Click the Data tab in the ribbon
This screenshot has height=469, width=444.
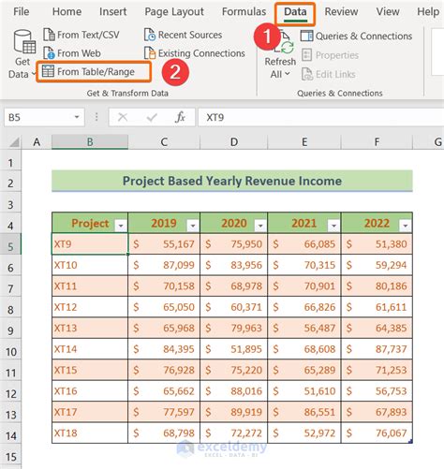pyautogui.click(x=295, y=12)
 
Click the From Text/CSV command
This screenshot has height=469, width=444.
pyautogui.click(x=87, y=35)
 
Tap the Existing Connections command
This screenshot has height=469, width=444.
pyautogui.click(x=195, y=53)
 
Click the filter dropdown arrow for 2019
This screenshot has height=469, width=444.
pyautogui.click(x=192, y=225)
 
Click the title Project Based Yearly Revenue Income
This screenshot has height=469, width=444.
pyautogui.click(x=231, y=181)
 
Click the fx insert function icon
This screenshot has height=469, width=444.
pyautogui.click(x=180, y=118)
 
